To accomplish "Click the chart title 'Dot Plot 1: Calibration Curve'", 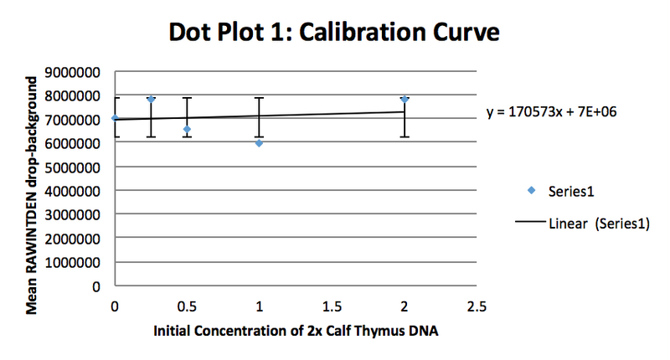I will [x=334, y=33].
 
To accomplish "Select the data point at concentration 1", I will [x=260, y=143].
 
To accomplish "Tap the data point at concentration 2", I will [x=405, y=99].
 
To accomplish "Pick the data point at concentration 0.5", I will [x=187, y=129].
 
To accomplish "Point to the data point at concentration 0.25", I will [x=151, y=99].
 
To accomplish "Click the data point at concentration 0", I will [x=115, y=118].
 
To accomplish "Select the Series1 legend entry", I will [x=571, y=191].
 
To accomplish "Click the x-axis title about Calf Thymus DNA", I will [x=296, y=331].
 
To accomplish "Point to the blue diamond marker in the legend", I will [x=530, y=191].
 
